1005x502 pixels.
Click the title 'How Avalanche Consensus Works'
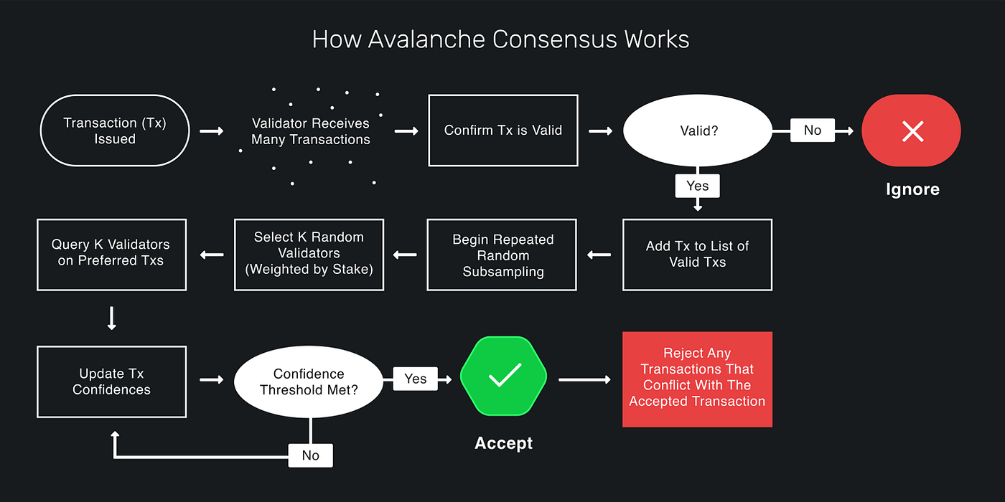tap(500, 39)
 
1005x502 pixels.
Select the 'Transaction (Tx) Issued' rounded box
tap(115, 131)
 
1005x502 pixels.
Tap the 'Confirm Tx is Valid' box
tap(502, 131)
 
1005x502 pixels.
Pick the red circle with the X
tap(912, 131)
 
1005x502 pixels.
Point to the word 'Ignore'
tap(912, 189)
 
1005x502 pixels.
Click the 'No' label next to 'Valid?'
tap(812, 131)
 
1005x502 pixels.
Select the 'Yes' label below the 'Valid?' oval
tap(697, 186)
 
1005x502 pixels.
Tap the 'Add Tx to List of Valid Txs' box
tap(697, 255)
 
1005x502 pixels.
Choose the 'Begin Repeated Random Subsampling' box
tap(502, 255)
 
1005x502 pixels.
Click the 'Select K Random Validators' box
tap(309, 255)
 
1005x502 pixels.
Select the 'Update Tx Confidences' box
tap(111, 382)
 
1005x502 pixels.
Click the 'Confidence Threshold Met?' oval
tap(309, 382)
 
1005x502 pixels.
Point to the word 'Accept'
tap(503, 443)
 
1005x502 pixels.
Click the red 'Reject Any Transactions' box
tap(697, 379)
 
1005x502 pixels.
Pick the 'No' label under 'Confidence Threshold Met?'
tap(310, 455)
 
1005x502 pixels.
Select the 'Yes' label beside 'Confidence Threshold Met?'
tap(415, 379)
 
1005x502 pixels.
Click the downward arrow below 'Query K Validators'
tap(111, 318)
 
